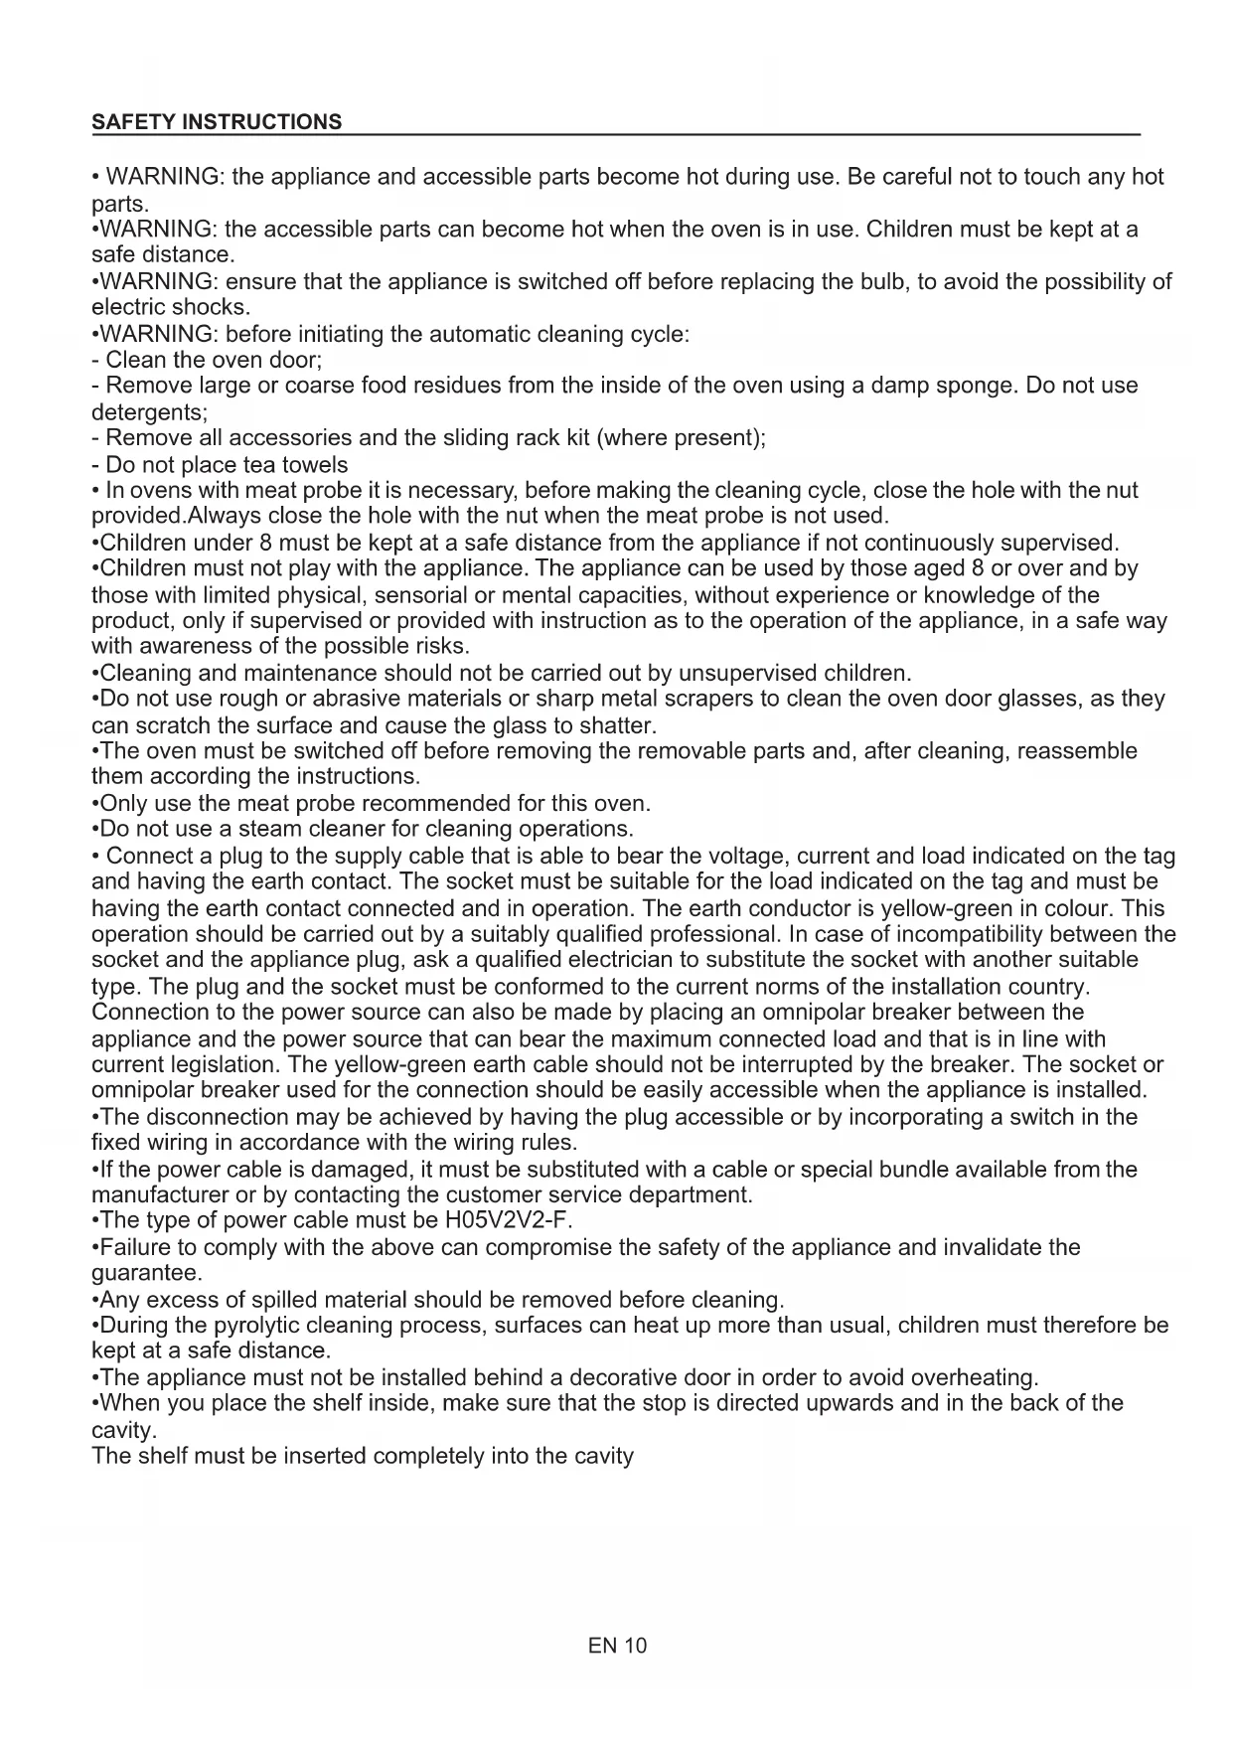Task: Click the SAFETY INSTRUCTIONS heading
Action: [x=217, y=122]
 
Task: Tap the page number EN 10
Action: [x=617, y=1646]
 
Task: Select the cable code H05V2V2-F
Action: [x=509, y=1220]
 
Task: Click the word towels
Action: [x=315, y=465]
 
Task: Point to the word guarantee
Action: [x=146, y=1273]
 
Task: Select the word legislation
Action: [x=185, y=1065]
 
